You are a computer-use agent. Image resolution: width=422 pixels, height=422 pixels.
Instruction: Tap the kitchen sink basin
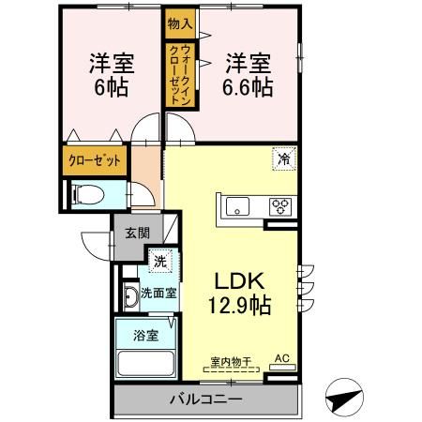(235, 206)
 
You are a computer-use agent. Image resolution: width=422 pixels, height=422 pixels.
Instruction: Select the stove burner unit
(280, 206)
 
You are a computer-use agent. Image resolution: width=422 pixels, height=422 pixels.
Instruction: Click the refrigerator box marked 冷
(281, 159)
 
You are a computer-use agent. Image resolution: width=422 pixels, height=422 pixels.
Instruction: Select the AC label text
(281, 358)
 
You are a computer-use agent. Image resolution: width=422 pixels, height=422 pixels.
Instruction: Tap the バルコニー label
(205, 399)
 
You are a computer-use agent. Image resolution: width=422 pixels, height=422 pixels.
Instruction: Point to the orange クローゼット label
(95, 159)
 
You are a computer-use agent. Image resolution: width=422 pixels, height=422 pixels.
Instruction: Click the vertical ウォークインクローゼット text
(180, 78)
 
